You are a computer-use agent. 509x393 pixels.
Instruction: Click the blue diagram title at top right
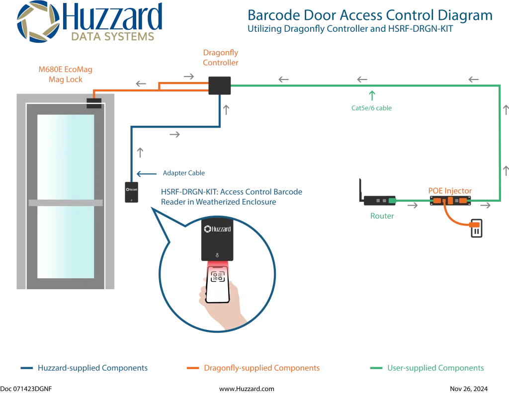pyautogui.click(x=369, y=16)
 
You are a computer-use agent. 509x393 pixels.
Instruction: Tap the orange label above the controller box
pyautogui.click(x=221, y=58)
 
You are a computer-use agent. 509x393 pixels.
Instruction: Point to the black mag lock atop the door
pyautogui.click(x=94, y=103)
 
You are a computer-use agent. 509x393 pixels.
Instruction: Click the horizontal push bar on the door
pyautogui.click(x=66, y=203)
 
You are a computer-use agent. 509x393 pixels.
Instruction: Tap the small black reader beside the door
pyautogui.click(x=131, y=192)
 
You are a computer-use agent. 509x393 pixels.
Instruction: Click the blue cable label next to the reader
pyautogui.click(x=177, y=174)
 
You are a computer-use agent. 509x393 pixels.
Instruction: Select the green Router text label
pyautogui.click(x=382, y=217)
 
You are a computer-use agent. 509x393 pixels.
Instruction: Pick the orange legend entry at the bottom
pyautogui.click(x=253, y=369)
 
